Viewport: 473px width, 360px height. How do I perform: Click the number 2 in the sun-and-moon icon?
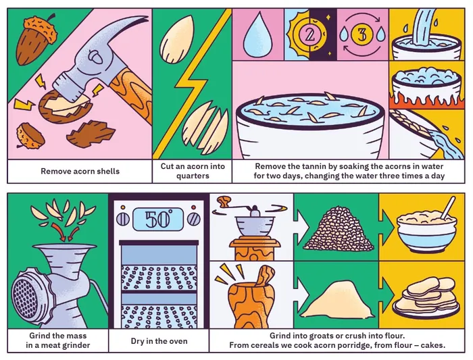(x=309, y=34)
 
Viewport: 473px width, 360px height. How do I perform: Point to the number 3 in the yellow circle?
(x=362, y=34)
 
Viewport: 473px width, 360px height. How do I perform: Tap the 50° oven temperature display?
(x=158, y=220)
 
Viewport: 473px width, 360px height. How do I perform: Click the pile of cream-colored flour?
(x=337, y=300)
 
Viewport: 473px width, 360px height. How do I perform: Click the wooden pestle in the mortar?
(x=265, y=275)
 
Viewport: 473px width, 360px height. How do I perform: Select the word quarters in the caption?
(x=193, y=176)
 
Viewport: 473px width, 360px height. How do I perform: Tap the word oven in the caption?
(x=178, y=341)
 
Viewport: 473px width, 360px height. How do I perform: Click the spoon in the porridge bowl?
(x=447, y=208)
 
